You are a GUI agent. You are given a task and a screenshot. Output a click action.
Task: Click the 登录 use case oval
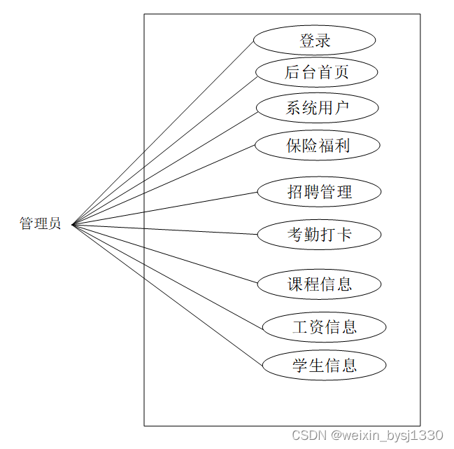tap(314, 41)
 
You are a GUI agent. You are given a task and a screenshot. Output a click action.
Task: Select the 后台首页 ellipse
tap(317, 71)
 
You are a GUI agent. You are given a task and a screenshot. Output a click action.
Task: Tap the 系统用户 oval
tap(317, 108)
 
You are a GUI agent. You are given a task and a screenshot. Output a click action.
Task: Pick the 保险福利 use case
tap(318, 146)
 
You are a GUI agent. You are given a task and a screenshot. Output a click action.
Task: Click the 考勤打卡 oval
tap(319, 235)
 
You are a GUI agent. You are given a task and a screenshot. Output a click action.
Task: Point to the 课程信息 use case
tap(319, 284)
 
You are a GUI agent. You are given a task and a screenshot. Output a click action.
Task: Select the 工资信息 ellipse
tap(324, 326)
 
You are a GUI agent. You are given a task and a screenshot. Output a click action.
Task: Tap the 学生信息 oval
tap(324, 365)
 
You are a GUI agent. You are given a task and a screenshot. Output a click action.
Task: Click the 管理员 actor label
tap(40, 224)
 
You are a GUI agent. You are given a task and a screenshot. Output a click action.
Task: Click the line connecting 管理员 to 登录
tap(162, 133)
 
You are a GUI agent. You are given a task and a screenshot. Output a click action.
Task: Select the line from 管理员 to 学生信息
tap(168, 296)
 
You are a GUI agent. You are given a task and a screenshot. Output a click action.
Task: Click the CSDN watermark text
tap(367, 436)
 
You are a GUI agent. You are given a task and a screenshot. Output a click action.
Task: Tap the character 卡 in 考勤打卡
tap(344, 235)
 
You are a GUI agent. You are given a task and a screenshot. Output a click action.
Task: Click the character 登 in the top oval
tap(307, 41)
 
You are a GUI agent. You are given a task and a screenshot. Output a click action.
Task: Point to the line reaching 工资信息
tap(168, 276)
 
